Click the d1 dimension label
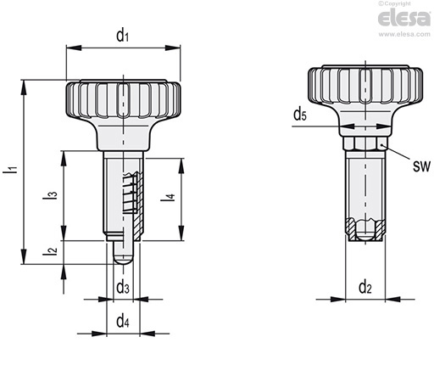tap(123, 36)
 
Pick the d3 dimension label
tap(123, 287)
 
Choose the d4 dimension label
tap(123, 321)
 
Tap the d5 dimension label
tap(300, 115)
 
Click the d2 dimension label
tap(365, 287)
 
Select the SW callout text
tap(421, 166)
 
